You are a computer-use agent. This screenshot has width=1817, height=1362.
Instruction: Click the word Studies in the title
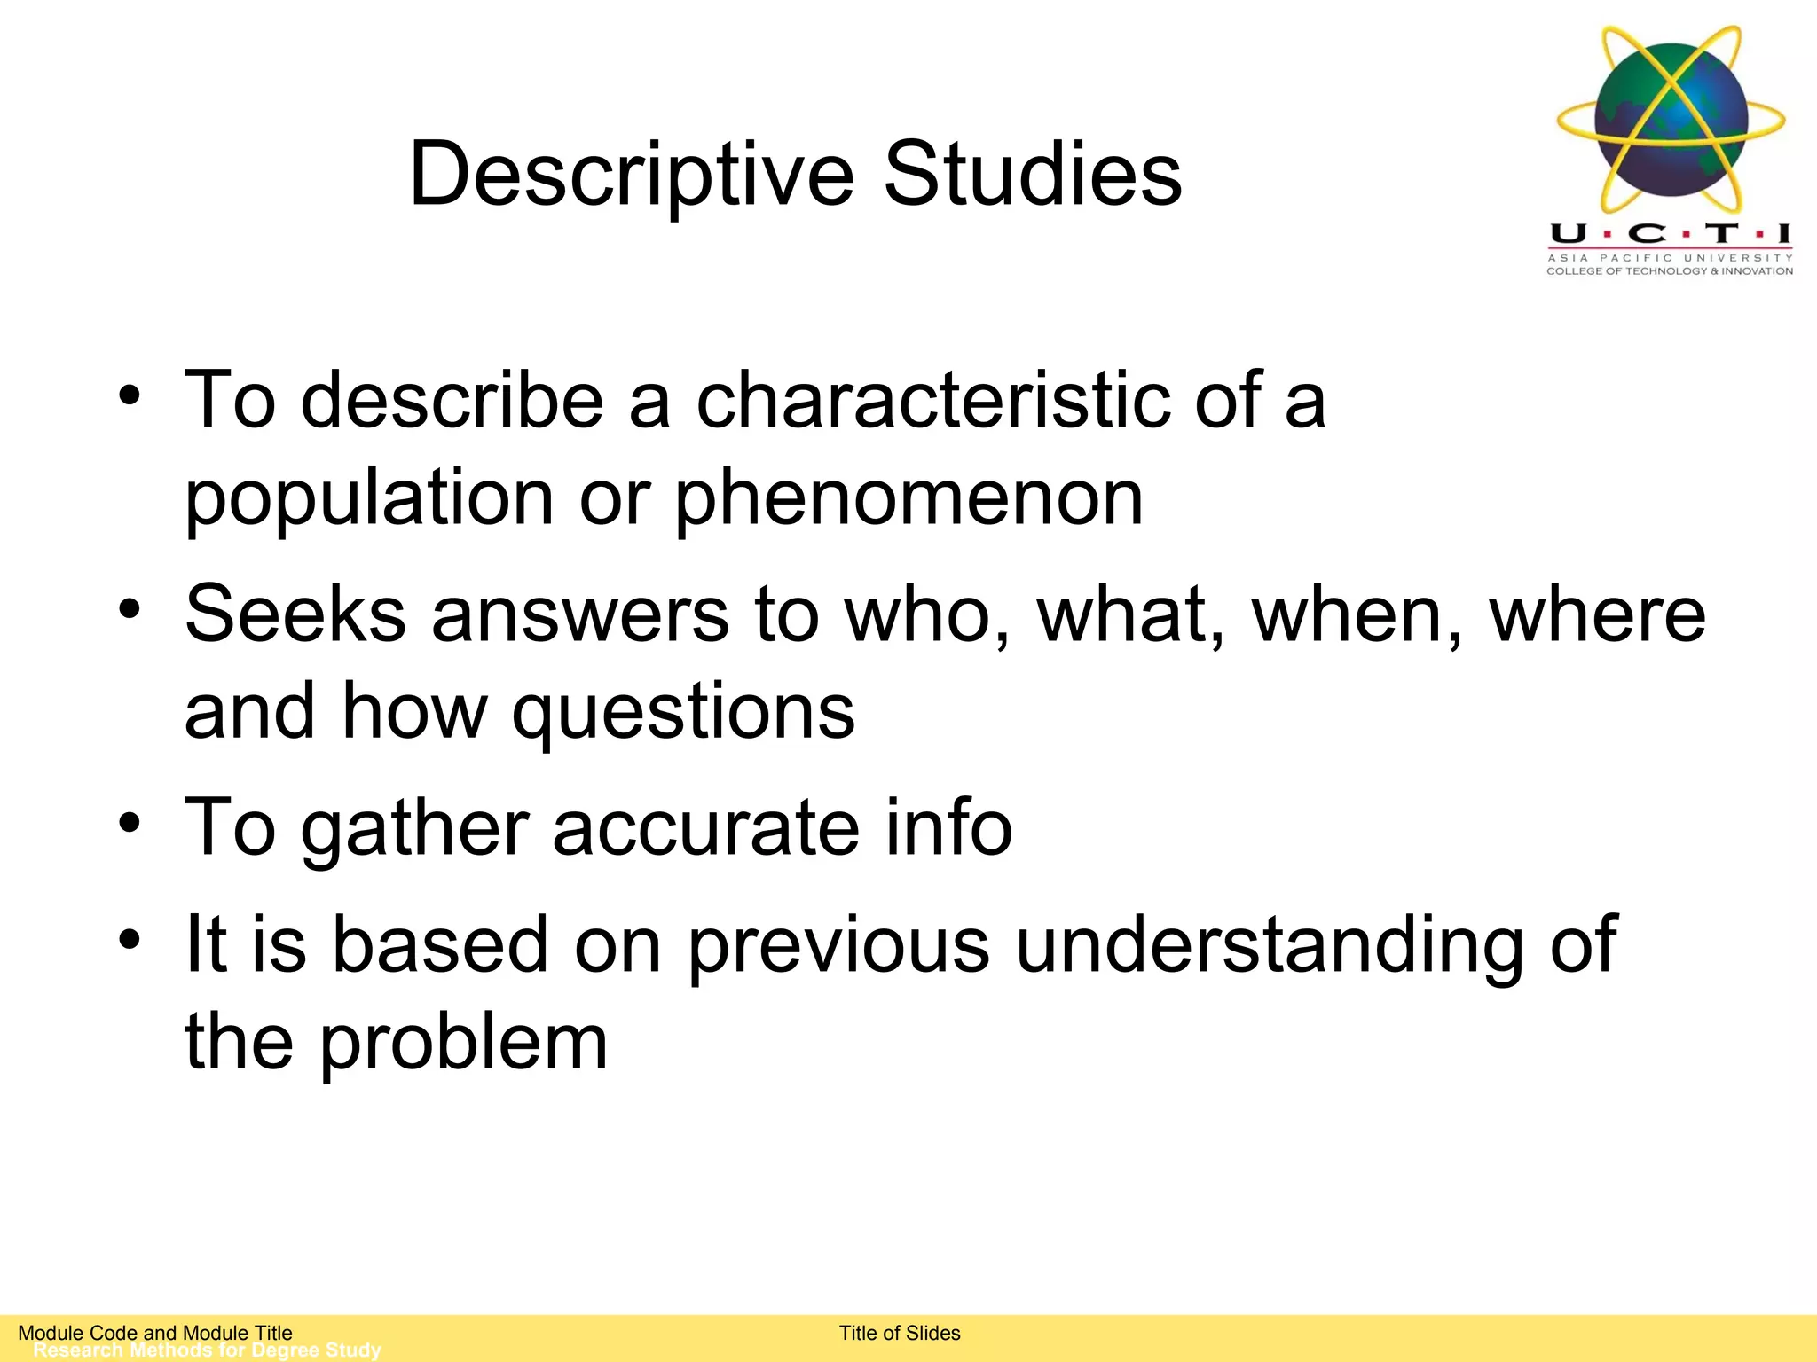(x=1033, y=175)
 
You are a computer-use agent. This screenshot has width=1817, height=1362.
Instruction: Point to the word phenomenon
(x=909, y=498)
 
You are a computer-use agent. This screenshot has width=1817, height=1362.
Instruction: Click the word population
(x=369, y=498)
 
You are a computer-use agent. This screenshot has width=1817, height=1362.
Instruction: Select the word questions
(x=683, y=714)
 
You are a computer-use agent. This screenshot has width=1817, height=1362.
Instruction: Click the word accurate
(x=706, y=829)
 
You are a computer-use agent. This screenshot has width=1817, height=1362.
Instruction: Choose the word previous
(x=839, y=945)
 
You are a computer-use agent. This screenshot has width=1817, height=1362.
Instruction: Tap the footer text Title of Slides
(x=900, y=1333)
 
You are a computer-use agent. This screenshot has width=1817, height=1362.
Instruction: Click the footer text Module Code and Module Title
(x=155, y=1333)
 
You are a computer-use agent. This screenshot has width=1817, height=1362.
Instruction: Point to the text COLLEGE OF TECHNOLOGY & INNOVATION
(x=1670, y=271)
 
